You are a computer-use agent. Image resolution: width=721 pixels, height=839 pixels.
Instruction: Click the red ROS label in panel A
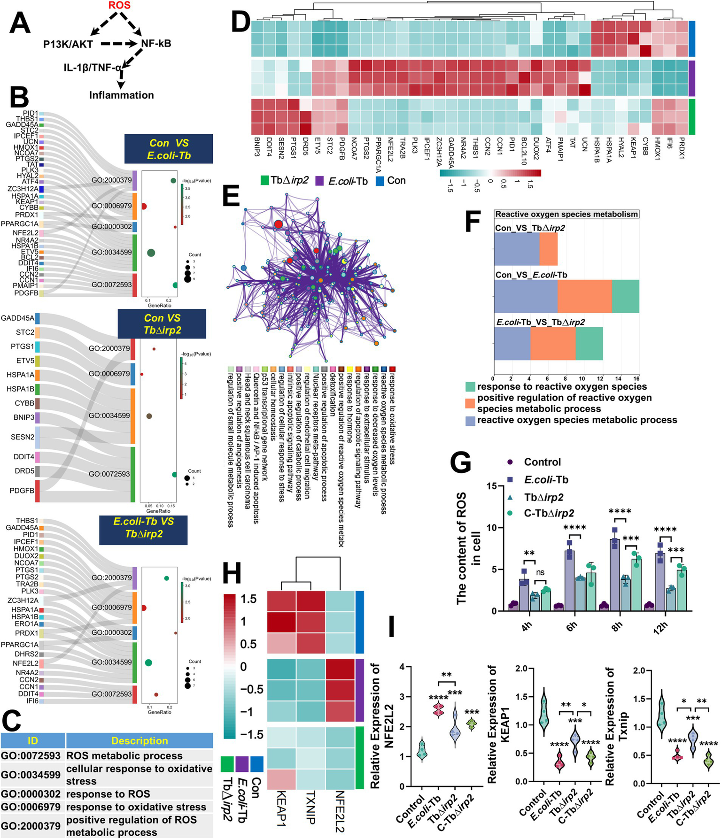point(119,6)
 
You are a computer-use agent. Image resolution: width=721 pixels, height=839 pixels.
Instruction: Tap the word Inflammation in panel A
point(122,95)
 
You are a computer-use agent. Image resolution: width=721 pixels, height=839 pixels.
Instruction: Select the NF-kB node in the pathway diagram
point(156,44)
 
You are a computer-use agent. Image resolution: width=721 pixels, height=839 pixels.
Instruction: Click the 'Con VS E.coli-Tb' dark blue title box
point(169,149)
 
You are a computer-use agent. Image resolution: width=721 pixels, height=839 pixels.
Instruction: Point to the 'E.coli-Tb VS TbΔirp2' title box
point(144,527)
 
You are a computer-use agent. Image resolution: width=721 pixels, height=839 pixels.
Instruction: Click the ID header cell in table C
point(32,741)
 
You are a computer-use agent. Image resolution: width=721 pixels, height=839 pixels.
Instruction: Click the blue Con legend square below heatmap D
point(380,181)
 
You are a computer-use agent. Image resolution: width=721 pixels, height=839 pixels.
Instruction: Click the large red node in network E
point(279,224)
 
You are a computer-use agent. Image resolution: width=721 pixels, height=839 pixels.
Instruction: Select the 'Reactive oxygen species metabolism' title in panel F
point(566,214)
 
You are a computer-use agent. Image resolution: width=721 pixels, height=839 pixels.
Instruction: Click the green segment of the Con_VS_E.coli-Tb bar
point(625,296)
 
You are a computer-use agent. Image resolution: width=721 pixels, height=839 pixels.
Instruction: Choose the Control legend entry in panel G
point(543,462)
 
